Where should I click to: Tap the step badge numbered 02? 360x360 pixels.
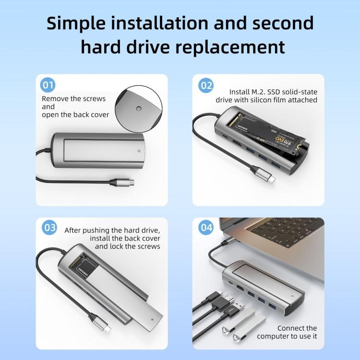(x=206, y=86)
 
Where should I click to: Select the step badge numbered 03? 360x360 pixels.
(x=49, y=228)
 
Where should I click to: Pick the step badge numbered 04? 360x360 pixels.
(x=206, y=228)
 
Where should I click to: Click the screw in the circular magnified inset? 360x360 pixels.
(x=139, y=108)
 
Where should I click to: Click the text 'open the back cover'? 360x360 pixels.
(x=75, y=114)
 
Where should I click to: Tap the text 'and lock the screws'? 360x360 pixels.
(x=127, y=246)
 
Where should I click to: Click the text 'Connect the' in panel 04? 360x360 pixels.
(x=297, y=328)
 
